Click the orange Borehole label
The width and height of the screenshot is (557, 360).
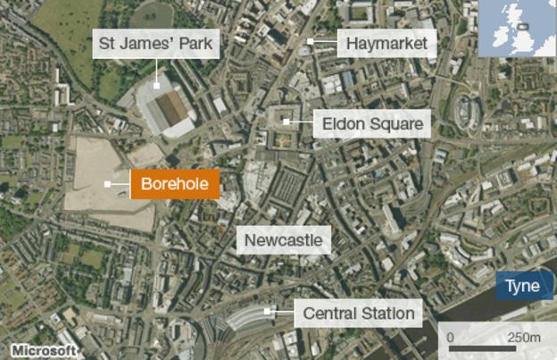point(175,185)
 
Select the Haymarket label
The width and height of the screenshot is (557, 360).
point(387,42)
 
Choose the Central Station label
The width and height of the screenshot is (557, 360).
point(359,314)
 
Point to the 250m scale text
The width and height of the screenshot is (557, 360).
point(524,337)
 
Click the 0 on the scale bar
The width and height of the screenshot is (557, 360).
point(452,337)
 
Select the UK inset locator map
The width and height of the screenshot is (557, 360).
point(517,29)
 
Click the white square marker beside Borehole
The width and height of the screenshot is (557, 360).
point(107,185)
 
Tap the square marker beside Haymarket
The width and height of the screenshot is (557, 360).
point(309,42)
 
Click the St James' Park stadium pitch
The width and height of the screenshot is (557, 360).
point(172,107)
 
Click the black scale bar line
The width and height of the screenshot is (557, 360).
point(486,348)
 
